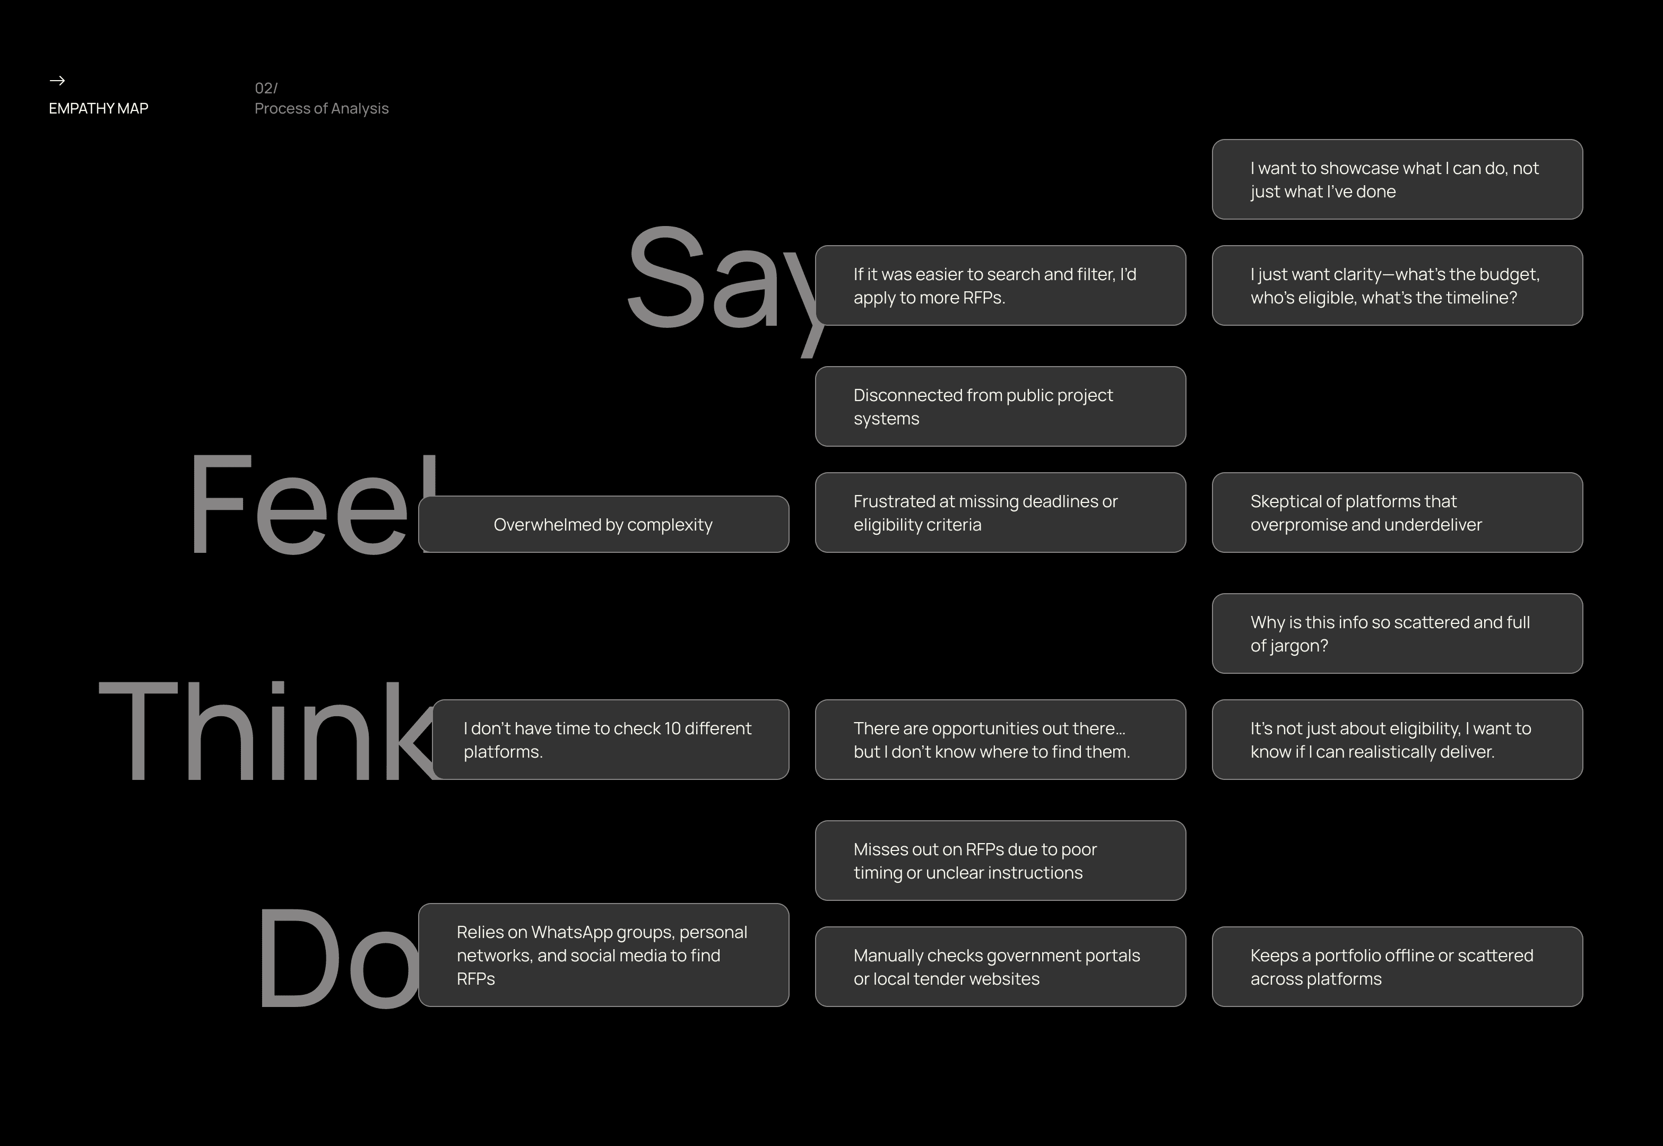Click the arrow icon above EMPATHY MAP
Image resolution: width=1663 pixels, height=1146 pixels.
coord(57,81)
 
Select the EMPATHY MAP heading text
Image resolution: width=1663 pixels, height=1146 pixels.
coord(98,108)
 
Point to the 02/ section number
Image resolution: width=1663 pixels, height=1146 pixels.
coord(266,88)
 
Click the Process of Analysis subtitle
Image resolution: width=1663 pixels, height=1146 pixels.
coord(322,108)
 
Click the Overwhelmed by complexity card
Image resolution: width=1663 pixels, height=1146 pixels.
coord(604,524)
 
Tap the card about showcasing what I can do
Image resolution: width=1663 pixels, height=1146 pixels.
coord(1397,179)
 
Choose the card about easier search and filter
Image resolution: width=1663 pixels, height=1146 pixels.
coord(1000,286)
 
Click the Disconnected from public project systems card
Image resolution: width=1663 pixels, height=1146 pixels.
coord(1000,406)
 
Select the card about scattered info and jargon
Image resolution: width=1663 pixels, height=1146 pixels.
coord(1397,633)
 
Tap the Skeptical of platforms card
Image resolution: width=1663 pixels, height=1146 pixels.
coord(1397,513)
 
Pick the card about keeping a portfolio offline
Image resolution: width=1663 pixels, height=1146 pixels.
coord(1397,967)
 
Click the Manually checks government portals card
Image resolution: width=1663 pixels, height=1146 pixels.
coord(1000,967)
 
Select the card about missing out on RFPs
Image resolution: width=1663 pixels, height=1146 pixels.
coord(1000,860)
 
